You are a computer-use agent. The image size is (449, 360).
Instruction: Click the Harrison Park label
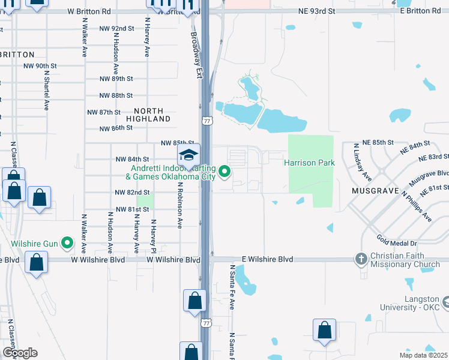(309, 163)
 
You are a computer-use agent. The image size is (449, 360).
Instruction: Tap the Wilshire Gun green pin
(67, 244)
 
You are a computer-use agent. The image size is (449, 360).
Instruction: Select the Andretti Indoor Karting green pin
(225, 172)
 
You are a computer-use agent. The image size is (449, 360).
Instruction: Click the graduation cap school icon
(188, 155)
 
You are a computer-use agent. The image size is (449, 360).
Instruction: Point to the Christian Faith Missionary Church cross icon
(361, 259)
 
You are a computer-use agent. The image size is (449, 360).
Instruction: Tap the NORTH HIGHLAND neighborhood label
(152, 115)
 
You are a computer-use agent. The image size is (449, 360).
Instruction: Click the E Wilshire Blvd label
(267, 259)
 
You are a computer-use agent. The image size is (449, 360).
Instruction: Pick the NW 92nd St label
(117, 28)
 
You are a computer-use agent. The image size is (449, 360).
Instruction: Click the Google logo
(20, 353)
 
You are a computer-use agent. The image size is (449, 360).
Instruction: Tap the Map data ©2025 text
(423, 355)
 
